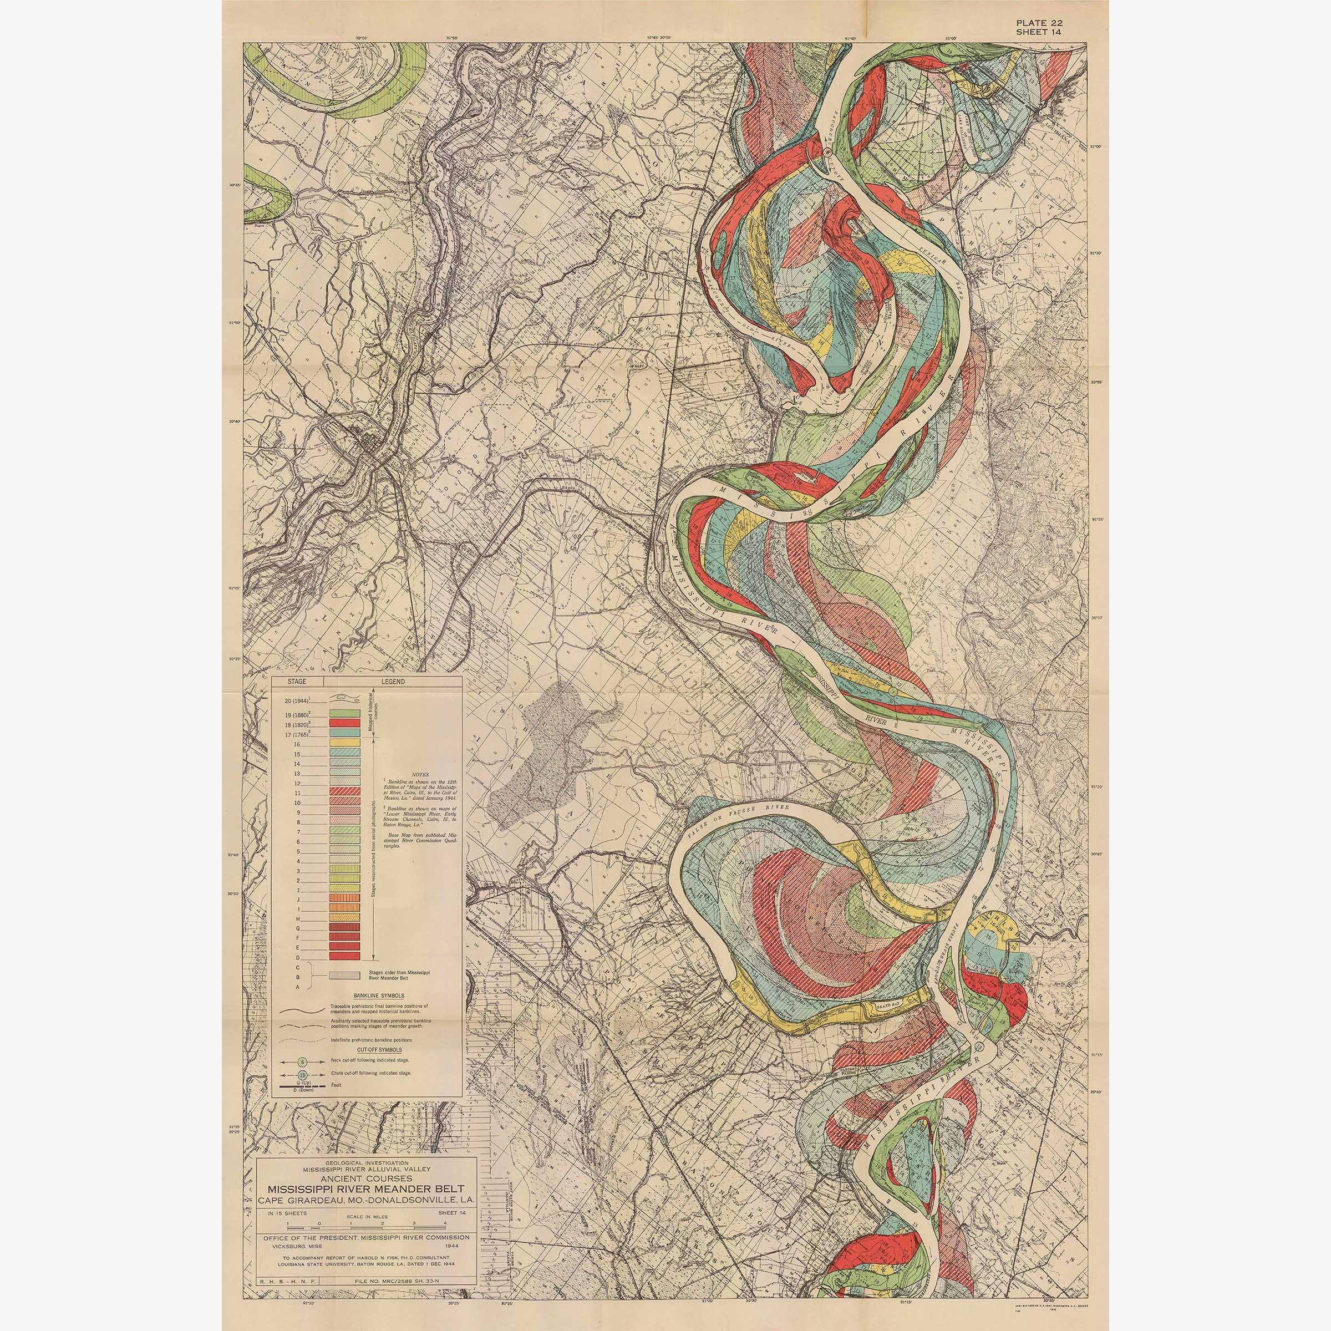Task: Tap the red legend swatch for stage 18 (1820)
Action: coord(345,723)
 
